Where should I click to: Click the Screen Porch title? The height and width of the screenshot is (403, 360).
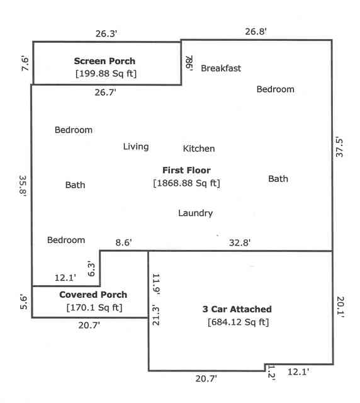104,61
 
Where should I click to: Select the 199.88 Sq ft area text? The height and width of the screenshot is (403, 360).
106,74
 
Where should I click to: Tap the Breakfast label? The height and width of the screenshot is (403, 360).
221,69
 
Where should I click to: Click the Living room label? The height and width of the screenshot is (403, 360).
136,147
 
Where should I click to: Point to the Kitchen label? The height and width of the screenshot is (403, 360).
199,149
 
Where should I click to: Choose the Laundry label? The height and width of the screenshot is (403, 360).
196,213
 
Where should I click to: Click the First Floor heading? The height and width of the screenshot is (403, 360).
186,170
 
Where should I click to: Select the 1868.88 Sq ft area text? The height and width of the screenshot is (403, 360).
186,183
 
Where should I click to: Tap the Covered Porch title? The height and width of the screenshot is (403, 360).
93,295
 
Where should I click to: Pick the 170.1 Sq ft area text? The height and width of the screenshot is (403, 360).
94,307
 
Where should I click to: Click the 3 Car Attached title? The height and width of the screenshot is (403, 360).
237,309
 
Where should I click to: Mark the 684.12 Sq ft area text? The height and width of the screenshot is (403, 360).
238,322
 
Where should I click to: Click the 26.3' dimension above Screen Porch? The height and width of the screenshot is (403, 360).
106,33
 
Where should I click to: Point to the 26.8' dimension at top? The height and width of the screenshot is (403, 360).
256,31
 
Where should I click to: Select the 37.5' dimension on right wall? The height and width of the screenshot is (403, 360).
339,147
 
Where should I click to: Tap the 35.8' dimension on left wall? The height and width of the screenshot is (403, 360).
23,186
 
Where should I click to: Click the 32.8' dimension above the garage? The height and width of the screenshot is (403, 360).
240,242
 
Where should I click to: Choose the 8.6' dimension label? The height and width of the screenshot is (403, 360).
123,242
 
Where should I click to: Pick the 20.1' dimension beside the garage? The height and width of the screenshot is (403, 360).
340,307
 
